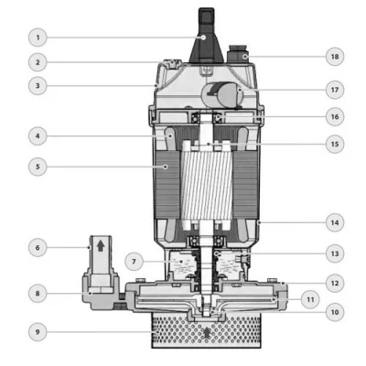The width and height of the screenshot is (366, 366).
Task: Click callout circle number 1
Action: pos(38,38)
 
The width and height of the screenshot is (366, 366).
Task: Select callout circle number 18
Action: pos(335,57)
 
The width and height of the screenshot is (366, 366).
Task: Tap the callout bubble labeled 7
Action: pos(135,262)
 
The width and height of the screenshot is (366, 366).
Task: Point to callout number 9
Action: pos(38,331)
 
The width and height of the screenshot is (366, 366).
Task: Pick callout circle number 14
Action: pos(335,222)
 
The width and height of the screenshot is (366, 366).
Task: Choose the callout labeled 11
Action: pos(310,299)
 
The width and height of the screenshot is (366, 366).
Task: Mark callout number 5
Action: pos(38,167)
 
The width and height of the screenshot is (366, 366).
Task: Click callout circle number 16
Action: pos(335,116)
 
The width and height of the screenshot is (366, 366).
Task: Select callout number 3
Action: pos(38,85)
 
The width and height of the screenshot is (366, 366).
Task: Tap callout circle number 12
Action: pos(335,283)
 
